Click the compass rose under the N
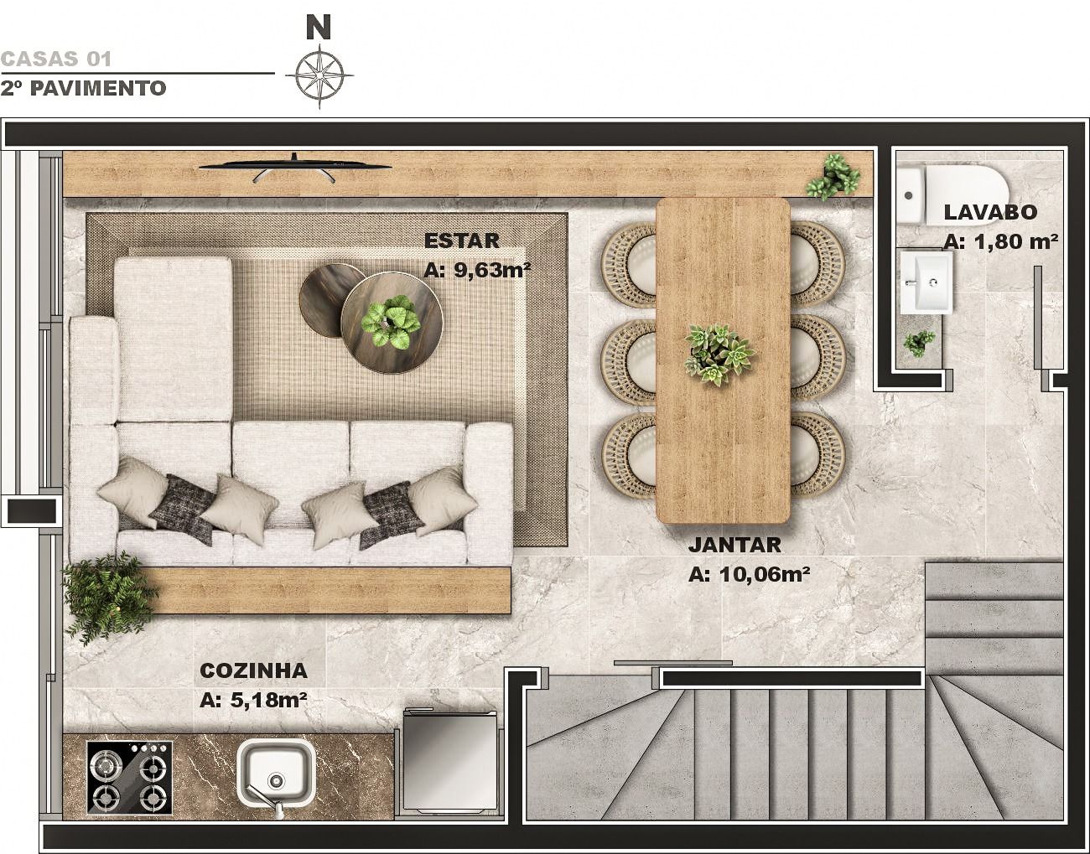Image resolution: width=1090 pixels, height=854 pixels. [x=319, y=76]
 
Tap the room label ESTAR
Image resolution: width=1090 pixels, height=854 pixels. [x=461, y=241]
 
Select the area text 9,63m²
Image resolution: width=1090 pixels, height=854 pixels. [x=492, y=270]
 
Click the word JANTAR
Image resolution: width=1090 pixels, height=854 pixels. [x=734, y=545]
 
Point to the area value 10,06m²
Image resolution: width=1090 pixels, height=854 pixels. [x=765, y=574]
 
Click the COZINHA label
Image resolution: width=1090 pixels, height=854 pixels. [x=253, y=670]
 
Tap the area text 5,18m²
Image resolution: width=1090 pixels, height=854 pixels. [x=268, y=700]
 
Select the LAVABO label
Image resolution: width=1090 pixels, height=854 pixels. [x=990, y=212]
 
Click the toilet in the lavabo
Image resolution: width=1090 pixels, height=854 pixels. [x=952, y=195]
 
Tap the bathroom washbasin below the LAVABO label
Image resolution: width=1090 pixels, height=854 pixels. [x=926, y=282]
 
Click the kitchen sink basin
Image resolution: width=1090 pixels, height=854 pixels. [x=276, y=771]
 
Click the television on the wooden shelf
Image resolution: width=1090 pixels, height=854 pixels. [x=294, y=168]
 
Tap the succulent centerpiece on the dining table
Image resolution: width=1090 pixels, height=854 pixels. [x=719, y=354]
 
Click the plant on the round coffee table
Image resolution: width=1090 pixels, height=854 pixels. [x=391, y=323]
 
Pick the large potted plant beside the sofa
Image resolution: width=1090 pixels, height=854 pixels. [x=108, y=597]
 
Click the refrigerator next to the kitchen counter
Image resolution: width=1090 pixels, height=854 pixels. [x=450, y=765]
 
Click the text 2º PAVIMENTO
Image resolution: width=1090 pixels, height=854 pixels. [x=83, y=89]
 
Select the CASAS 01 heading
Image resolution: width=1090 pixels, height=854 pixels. [x=55, y=60]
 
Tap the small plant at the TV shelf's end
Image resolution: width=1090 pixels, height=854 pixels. [x=833, y=177]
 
